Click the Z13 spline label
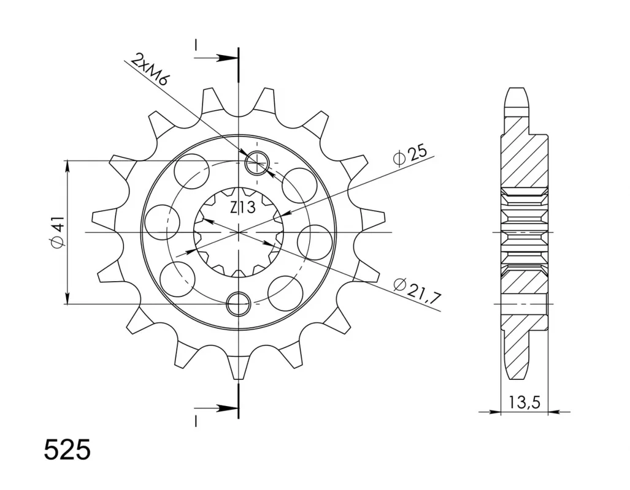coord(243,208)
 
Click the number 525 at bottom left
coord(67,450)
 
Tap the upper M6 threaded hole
coord(257,164)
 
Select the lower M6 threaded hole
coord(239,304)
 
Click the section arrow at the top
coord(217,58)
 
